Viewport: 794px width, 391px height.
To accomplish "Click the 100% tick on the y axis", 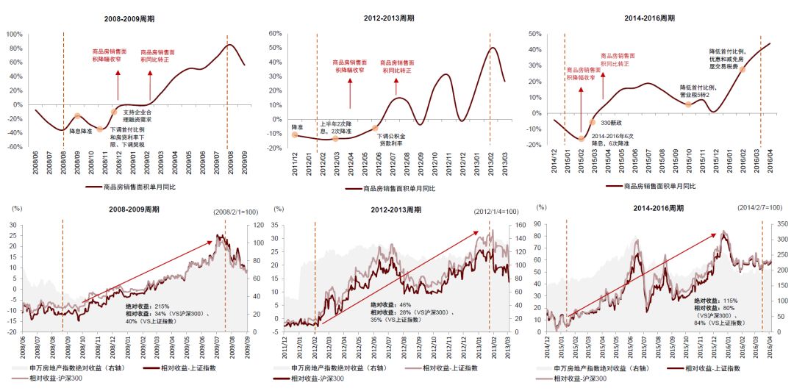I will pyautogui.click(x=13, y=34).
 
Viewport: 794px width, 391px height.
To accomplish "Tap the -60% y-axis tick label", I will pyautogui.click(x=14, y=147).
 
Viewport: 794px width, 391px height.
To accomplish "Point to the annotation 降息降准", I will pyautogui.click(x=80, y=130).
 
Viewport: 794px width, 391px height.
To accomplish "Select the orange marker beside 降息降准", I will pyautogui.click(x=77, y=116).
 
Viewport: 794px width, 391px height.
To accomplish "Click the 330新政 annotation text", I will pyautogui.click(x=612, y=123).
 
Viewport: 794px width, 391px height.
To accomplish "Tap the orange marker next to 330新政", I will pyautogui.click(x=593, y=122).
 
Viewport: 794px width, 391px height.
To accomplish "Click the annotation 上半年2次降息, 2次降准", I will pyautogui.click(x=335, y=127).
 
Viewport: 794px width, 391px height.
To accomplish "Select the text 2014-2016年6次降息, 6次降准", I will pyautogui.click(x=612, y=140).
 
